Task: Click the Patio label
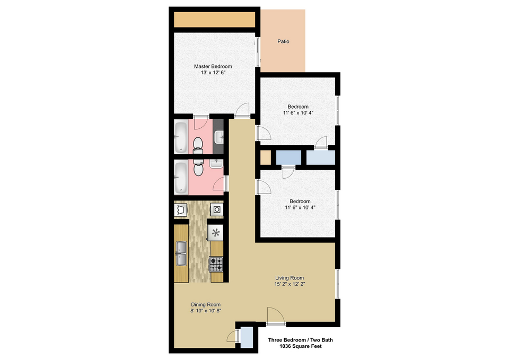pos(283,41)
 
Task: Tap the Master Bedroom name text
pos(213,66)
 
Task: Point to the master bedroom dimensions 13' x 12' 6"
pos(213,73)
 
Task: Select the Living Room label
pos(289,278)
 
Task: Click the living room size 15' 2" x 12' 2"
pos(289,284)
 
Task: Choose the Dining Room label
pos(206,304)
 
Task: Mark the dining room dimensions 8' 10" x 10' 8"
pos(206,311)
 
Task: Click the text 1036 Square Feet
pos(301,346)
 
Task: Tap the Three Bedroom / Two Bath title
pos(301,340)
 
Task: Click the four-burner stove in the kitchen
pos(216,264)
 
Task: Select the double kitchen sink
pos(181,253)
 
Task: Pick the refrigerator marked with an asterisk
pos(216,233)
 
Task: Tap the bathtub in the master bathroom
pos(181,137)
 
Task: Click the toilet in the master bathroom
pos(198,145)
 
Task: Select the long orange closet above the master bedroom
pos(214,20)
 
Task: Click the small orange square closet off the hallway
pos(266,158)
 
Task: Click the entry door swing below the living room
pos(276,315)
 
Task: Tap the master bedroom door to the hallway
pos(242,110)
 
